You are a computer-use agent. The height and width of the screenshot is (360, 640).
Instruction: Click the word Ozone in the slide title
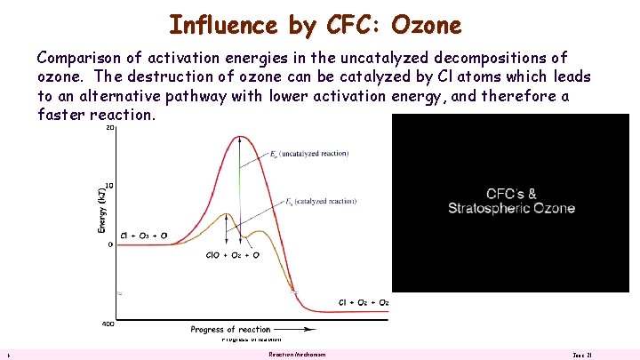425,24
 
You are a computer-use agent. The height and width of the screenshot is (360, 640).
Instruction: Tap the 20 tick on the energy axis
109,128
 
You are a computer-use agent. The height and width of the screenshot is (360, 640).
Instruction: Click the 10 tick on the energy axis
109,187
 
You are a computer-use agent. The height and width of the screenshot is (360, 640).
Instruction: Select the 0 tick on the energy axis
111,244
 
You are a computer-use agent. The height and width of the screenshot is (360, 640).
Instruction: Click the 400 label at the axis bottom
108,324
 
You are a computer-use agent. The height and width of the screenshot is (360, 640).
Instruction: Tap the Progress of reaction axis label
230,330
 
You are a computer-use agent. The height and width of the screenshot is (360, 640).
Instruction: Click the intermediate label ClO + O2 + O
232,255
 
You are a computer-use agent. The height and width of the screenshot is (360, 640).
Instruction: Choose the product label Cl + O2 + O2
364,302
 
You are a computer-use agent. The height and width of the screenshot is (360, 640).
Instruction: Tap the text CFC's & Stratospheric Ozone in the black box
511,201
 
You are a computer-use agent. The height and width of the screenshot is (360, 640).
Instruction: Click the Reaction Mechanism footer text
297,355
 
